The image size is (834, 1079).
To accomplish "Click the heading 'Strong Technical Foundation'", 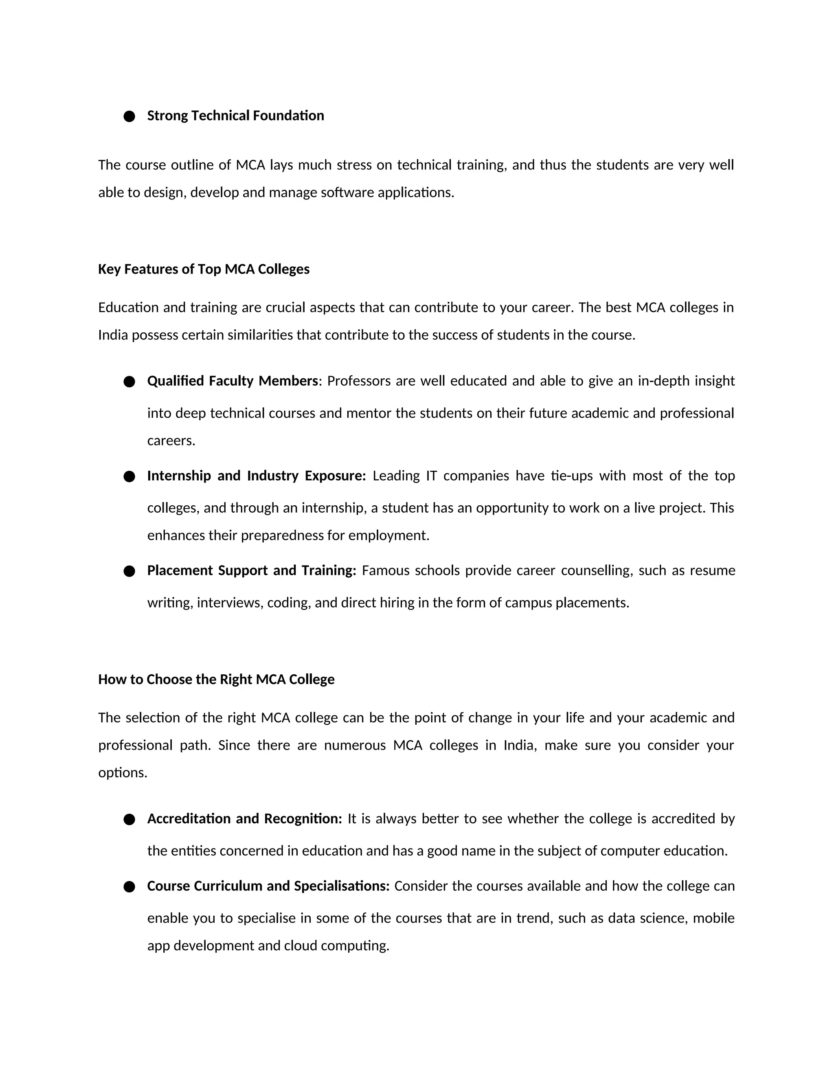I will (235, 116).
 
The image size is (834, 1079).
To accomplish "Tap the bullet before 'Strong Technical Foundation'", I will (129, 116).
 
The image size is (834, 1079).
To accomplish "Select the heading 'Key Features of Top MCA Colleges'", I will (204, 269).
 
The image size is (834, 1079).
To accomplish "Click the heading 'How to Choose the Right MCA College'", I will (216, 679).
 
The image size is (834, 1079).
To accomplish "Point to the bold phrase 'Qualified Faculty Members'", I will (232, 381).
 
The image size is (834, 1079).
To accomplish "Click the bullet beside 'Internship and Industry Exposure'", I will (129, 477).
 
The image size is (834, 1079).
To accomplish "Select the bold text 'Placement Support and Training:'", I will (252, 570).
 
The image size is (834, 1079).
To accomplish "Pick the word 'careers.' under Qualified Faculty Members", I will (171, 441).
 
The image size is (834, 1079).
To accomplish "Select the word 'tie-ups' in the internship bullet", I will (572, 476).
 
